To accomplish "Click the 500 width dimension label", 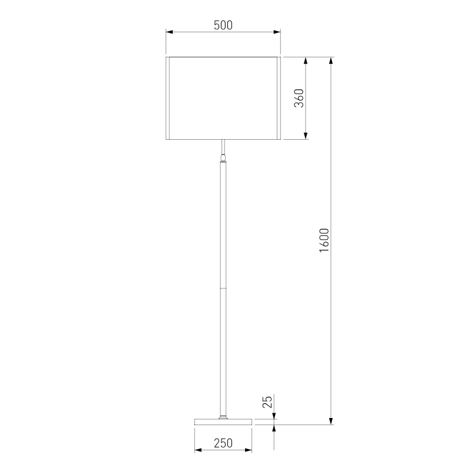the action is pos(223,25).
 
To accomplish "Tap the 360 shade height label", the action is pos(299,98).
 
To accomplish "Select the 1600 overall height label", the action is pos(324,241).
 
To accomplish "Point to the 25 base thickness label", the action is pos(267,402).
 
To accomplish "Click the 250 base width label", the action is pos(223,443).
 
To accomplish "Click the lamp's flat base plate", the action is pos(223,422).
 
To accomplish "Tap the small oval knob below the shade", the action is pos(223,158).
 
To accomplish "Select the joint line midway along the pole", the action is pos(223,288).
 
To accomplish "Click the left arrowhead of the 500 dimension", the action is pos(169,32).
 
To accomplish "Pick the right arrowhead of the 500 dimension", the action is pos(277,32).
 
